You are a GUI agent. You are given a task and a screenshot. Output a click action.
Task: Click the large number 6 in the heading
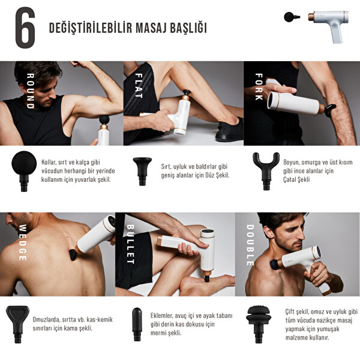click(x=25, y=28)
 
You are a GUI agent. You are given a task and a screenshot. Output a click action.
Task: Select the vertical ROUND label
click(x=29, y=91)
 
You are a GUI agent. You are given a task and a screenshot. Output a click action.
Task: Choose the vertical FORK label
click(x=259, y=87)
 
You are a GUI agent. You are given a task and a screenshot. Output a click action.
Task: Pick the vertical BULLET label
click(x=130, y=245)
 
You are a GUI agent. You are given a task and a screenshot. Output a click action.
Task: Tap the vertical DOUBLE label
click(x=250, y=245)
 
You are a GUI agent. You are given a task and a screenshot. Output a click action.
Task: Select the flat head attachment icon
click(x=142, y=170)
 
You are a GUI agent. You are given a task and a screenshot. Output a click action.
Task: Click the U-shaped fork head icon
click(x=265, y=169)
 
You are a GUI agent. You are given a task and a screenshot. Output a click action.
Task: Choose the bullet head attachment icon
click(x=137, y=323)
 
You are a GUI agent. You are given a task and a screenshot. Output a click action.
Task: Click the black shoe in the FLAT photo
click(x=229, y=130)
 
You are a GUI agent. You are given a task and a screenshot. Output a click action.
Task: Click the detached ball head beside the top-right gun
click(x=292, y=16)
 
